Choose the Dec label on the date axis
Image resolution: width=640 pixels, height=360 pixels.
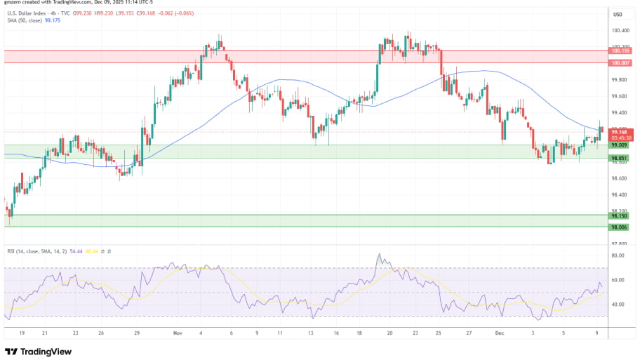500,334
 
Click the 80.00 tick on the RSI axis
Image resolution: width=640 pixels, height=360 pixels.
618,256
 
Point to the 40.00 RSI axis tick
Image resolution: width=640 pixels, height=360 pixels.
618,305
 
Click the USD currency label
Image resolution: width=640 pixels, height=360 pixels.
618,14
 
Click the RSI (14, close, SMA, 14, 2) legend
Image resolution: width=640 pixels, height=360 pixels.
42,251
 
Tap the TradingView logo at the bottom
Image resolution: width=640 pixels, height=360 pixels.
40,351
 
